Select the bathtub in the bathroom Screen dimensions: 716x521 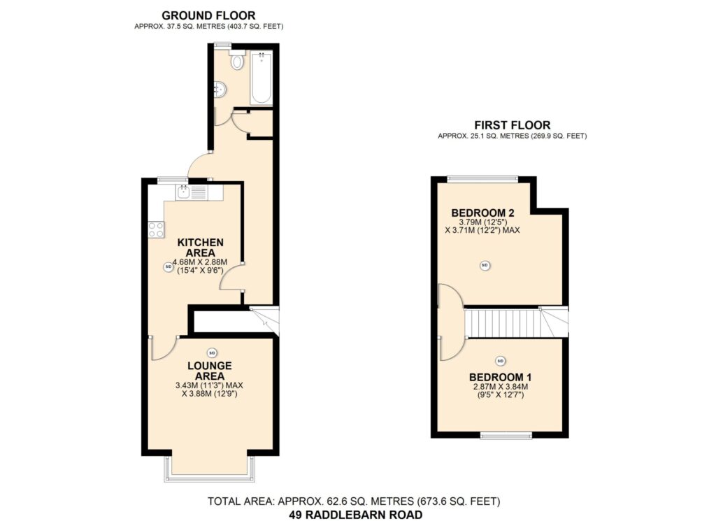tap(262, 78)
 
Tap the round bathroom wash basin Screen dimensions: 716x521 tap(220, 90)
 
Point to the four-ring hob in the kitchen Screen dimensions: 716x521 tap(156, 229)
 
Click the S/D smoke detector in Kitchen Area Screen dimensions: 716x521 tap(168, 266)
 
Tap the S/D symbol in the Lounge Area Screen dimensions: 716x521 tap(211, 352)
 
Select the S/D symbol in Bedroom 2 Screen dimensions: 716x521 tap(485, 265)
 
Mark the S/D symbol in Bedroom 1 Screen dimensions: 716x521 tap(501, 361)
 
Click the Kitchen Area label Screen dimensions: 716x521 tap(201, 248)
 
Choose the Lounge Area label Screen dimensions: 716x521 tap(210, 371)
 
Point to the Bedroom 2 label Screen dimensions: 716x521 tap(482, 213)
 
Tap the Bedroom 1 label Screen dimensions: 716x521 tap(500, 378)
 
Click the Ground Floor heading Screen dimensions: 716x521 tap(208, 15)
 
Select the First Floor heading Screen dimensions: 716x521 tap(513, 125)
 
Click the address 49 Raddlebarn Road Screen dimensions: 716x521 tap(356, 515)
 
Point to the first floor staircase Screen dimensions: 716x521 tap(517, 322)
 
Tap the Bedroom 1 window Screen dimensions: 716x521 tap(506, 435)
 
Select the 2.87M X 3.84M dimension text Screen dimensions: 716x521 tap(501, 387)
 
